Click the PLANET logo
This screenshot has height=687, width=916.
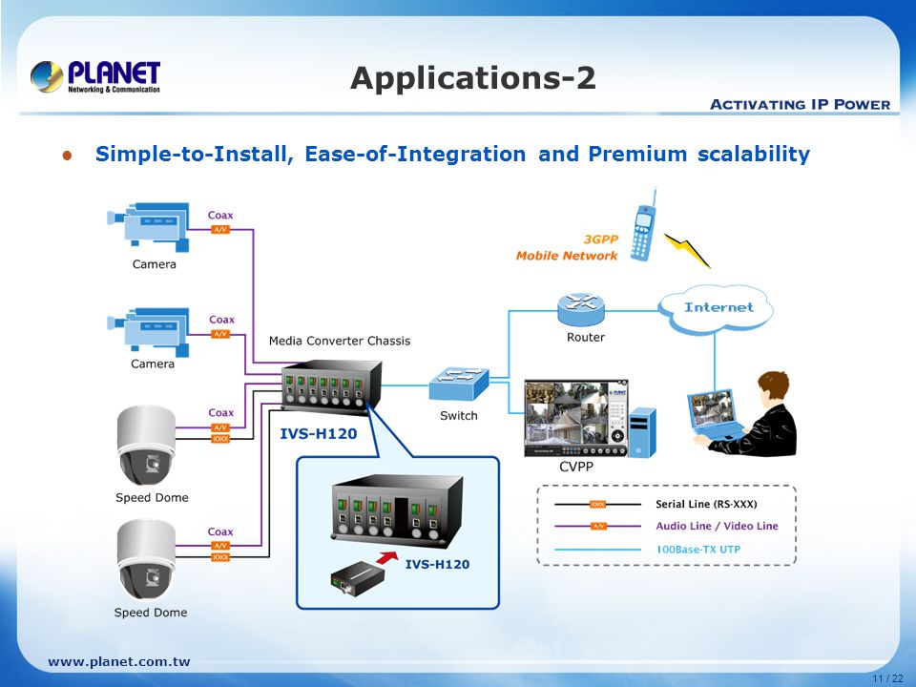click(x=95, y=76)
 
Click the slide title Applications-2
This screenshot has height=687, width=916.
click(x=473, y=78)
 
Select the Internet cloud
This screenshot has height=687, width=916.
click(x=718, y=307)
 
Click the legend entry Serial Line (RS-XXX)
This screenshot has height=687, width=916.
click(x=712, y=504)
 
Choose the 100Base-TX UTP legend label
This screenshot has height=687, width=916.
click(x=697, y=549)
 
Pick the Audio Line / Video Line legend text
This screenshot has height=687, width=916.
click(x=717, y=526)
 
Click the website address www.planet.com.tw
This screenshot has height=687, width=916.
click(x=119, y=661)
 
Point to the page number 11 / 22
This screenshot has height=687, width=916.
click(x=886, y=677)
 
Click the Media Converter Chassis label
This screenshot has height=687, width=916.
click(x=340, y=341)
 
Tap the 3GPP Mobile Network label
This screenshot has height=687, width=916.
click(x=567, y=248)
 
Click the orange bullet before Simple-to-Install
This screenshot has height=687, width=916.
click(x=67, y=155)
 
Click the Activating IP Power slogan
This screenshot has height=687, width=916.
click(x=800, y=104)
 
